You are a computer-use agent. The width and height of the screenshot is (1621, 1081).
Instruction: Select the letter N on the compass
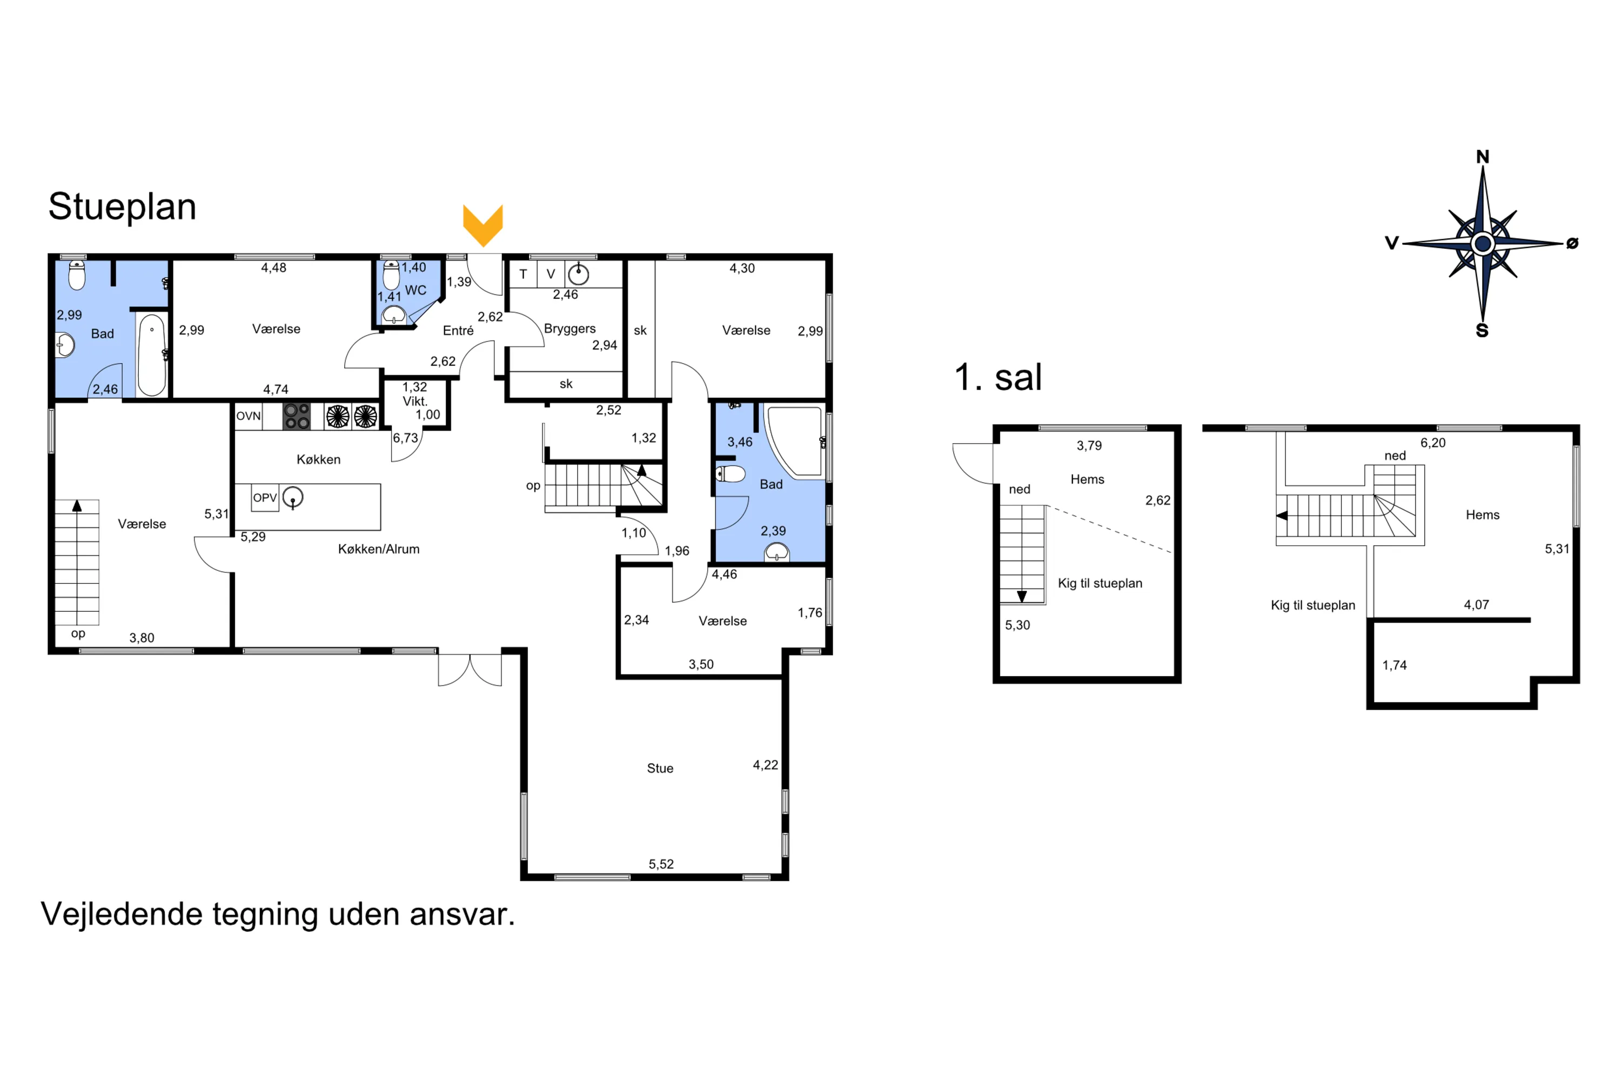(x=1483, y=157)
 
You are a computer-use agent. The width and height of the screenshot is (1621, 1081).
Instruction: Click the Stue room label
(x=660, y=768)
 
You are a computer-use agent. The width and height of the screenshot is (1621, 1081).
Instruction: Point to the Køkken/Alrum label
(x=378, y=549)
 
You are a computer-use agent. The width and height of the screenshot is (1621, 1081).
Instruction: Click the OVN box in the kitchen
(x=248, y=416)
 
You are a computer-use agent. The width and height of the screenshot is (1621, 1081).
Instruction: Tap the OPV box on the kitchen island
(x=265, y=498)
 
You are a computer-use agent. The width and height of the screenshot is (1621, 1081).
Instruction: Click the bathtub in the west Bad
(x=152, y=355)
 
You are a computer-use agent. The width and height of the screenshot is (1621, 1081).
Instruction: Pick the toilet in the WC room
(x=391, y=275)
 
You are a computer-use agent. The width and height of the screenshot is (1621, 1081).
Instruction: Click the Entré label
(x=458, y=331)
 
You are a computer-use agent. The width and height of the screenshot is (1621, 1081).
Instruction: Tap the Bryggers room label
(x=570, y=328)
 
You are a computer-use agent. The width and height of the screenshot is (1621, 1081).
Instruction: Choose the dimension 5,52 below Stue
(x=660, y=864)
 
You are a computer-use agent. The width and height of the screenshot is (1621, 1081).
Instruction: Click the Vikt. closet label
(x=415, y=401)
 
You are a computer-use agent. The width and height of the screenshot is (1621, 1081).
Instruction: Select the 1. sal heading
(x=997, y=377)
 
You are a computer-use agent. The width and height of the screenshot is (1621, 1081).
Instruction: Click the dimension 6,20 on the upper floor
(x=1432, y=443)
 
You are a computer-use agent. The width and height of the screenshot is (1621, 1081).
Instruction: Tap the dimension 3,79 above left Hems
(x=1089, y=445)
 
